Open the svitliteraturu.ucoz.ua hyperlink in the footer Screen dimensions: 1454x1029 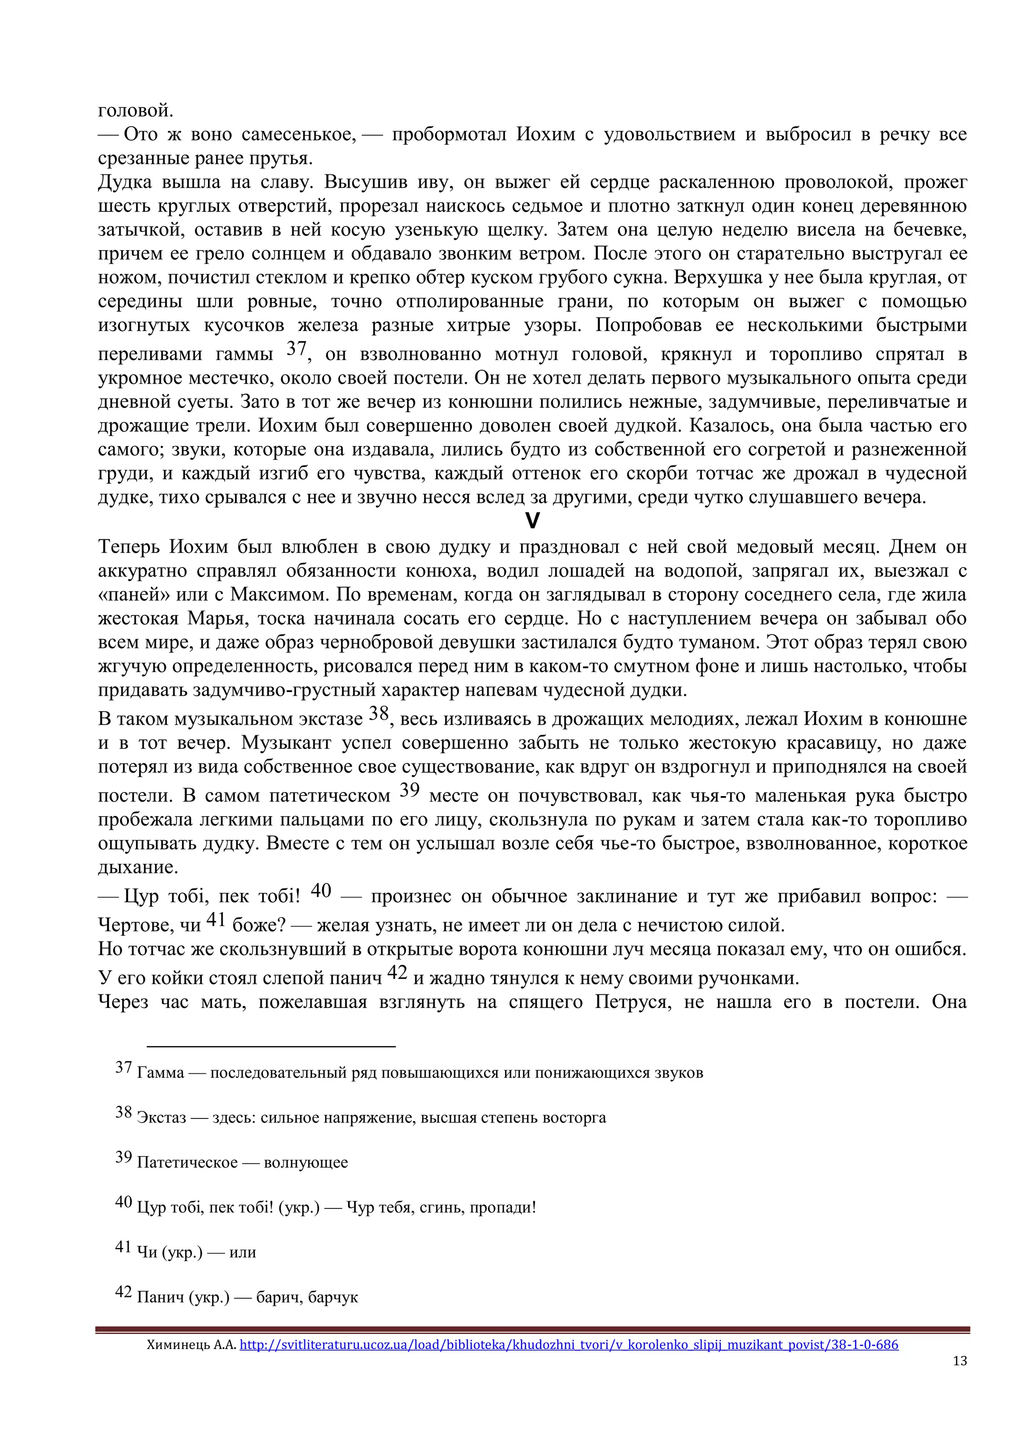568,1345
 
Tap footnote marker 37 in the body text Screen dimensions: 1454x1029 296,348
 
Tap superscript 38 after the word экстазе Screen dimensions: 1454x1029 378,714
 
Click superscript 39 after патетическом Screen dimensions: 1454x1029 409,790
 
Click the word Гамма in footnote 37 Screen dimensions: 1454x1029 160,1073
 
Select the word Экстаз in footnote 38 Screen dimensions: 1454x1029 162,1117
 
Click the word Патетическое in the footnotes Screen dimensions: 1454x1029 187,1163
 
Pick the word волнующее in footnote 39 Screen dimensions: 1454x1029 306,1163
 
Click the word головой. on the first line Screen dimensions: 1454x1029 136,111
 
